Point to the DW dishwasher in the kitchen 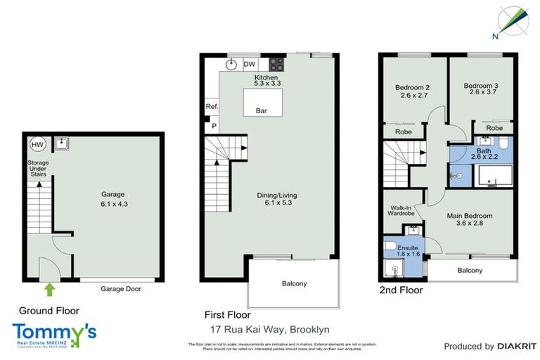pos(249,64)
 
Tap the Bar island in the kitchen pos(261,103)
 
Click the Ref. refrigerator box pos(212,107)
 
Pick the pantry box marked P pos(212,126)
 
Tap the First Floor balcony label pos(294,283)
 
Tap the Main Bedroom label pos(469,220)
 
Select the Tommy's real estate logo pos(54,334)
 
